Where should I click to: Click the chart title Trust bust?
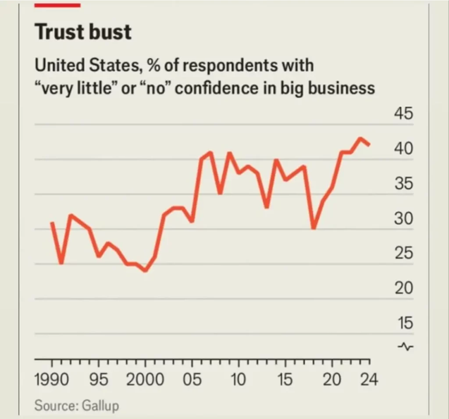tap(83, 32)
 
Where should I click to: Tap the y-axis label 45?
tap(404, 114)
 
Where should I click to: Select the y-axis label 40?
tap(404, 149)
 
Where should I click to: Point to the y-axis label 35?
tap(404, 184)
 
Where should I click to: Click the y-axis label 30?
tap(404, 219)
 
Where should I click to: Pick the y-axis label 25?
tap(404, 253)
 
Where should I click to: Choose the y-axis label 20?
tap(404, 288)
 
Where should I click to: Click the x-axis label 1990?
tap(52, 380)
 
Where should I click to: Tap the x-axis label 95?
tap(99, 380)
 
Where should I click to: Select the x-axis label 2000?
tap(145, 380)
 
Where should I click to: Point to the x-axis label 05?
tap(192, 380)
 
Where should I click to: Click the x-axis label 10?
tap(239, 380)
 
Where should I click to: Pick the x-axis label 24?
tap(369, 380)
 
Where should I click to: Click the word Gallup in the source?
tap(100, 405)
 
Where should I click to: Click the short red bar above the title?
tap(57, 5)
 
